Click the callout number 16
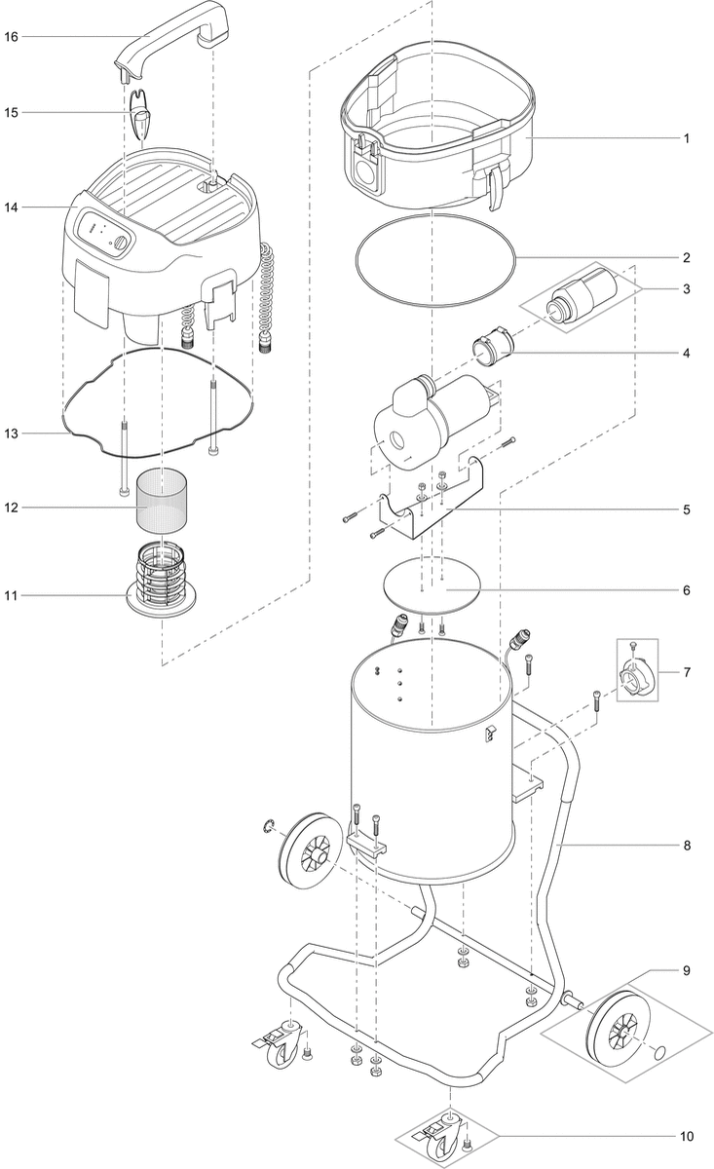click(x=11, y=37)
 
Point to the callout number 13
click(x=11, y=433)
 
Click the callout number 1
click(x=686, y=138)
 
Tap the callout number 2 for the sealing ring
click(x=686, y=258)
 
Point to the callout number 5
click(x=686, y=509)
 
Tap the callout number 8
click(x=686, y=845)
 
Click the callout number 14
click(x=11, y=207)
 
